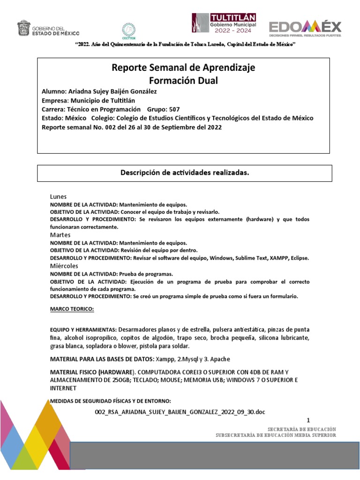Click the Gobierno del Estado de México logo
[48, 28]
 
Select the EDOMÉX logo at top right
[305, 29]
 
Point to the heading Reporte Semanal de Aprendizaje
[183, 68]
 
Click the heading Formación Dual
[183, 80]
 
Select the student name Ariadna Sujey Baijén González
[112, 91]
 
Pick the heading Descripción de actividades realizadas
[184, 173]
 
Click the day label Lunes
[59, 197]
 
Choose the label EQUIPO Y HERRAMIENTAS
[83, 330]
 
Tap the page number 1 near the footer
[308, 420]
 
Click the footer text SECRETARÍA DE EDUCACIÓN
[301, 429]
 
